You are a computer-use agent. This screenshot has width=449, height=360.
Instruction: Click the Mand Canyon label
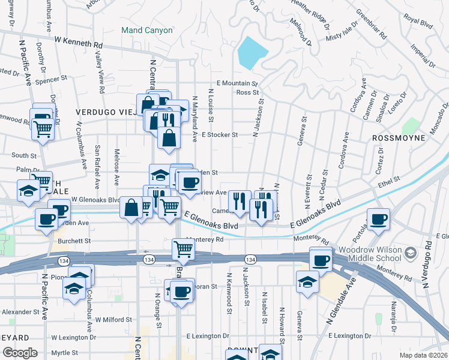(x=146, y=30)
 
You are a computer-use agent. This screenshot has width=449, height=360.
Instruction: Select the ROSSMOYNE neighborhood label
(x=399, y=138)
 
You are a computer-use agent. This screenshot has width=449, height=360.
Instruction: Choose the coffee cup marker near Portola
(x=378, y=219)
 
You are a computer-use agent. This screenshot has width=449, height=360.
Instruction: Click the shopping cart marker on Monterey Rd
(x=183, y=250)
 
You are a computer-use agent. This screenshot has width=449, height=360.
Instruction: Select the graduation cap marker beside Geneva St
(x=307, y=282)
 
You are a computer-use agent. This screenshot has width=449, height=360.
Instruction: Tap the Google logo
(x=20, y=353)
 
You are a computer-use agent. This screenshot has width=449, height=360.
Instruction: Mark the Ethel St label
(x=389, y=179)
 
